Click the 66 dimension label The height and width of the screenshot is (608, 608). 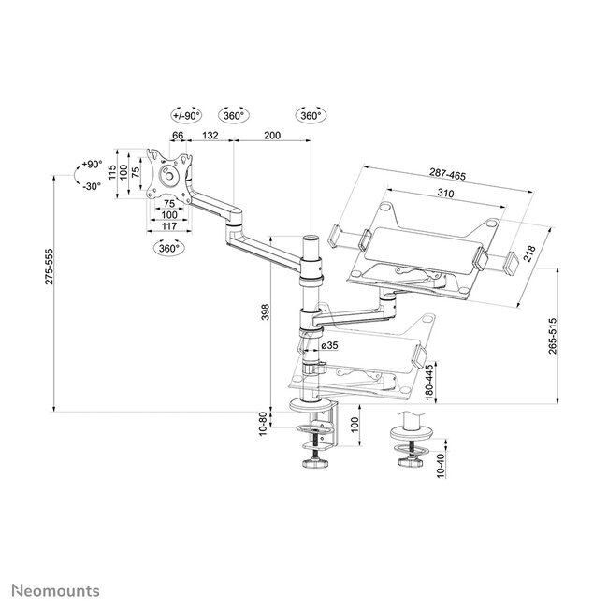click(178, 137)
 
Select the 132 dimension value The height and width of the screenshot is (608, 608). click(210, 137)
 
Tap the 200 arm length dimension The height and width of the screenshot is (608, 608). click(271, 137)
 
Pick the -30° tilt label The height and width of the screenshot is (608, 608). click(90, 185)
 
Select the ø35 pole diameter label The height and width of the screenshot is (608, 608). click(330, 346)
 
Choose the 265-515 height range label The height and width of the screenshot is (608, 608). click(553, 335)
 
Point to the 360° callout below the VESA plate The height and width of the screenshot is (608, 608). click(168, 250)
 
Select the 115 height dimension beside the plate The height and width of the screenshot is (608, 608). click(111, 172)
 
